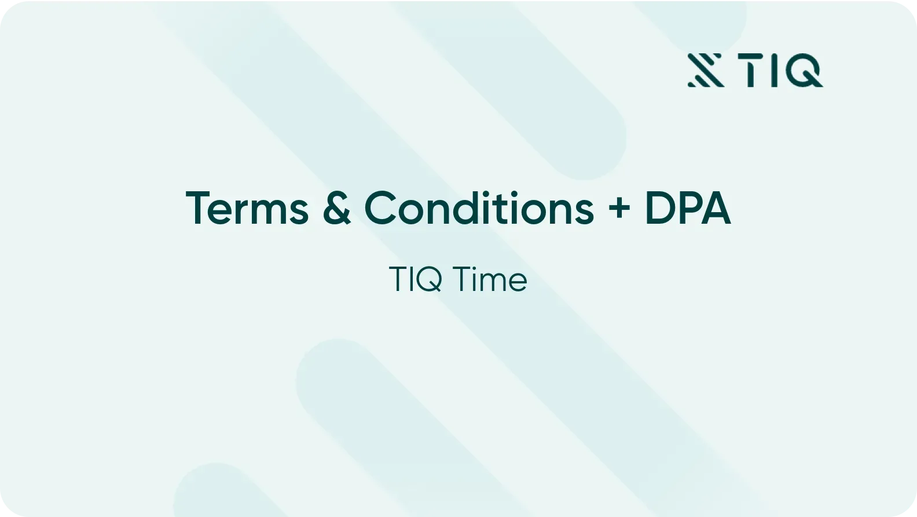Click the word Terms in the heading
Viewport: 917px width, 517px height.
(x=247, y=208)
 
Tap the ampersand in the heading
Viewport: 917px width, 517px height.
(x=337, y=208)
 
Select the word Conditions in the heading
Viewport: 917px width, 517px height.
(x=479, y=208)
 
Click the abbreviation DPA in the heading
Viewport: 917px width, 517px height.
(x=688, y=208)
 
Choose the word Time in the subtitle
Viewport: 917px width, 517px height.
(x=490, y=279)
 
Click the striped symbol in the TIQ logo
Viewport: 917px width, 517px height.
(x=706, y=71)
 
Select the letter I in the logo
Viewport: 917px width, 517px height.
(x=774, y=71)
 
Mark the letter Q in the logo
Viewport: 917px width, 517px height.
(x=804, y=71)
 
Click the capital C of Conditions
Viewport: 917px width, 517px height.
(x=380, y=208)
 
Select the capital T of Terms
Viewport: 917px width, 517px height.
(x=199, y=208)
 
